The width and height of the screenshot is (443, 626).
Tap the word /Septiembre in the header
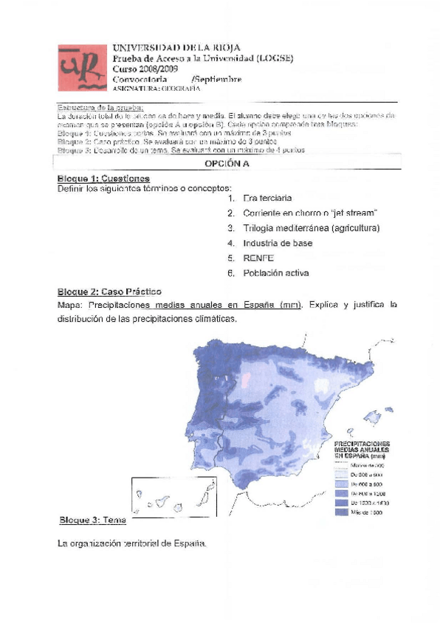(216, 79)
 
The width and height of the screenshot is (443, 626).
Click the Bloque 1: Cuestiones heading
(103, 179)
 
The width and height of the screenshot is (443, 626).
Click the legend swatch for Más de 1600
(341, 512)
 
